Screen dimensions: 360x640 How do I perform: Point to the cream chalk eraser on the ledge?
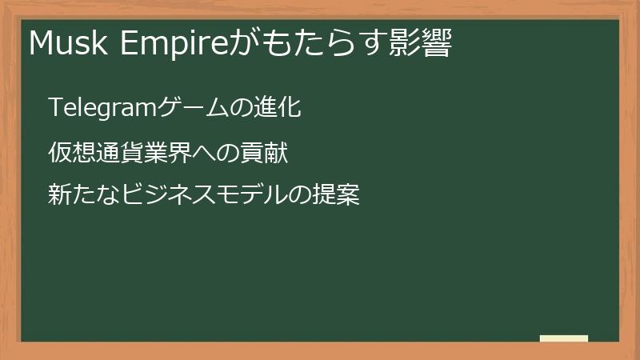[x=564, y=338]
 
